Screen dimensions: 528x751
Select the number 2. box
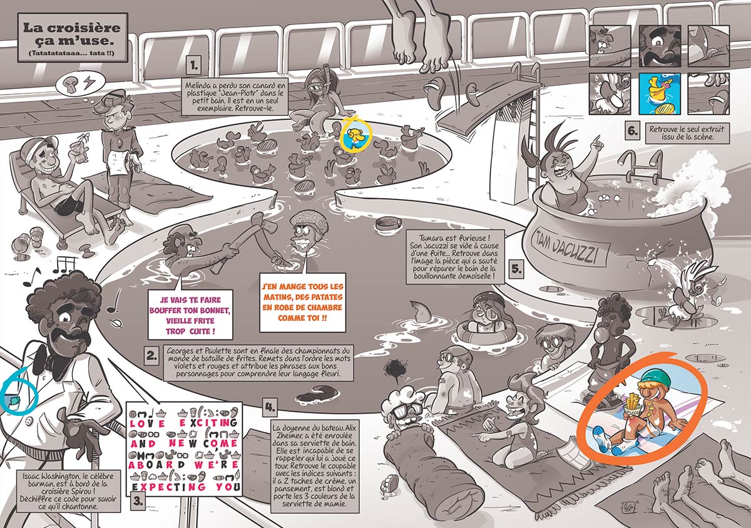(151, 356)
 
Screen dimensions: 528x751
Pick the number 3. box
(137, 500)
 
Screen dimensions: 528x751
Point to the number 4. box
(270, 408)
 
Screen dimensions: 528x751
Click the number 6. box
(633, 132)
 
